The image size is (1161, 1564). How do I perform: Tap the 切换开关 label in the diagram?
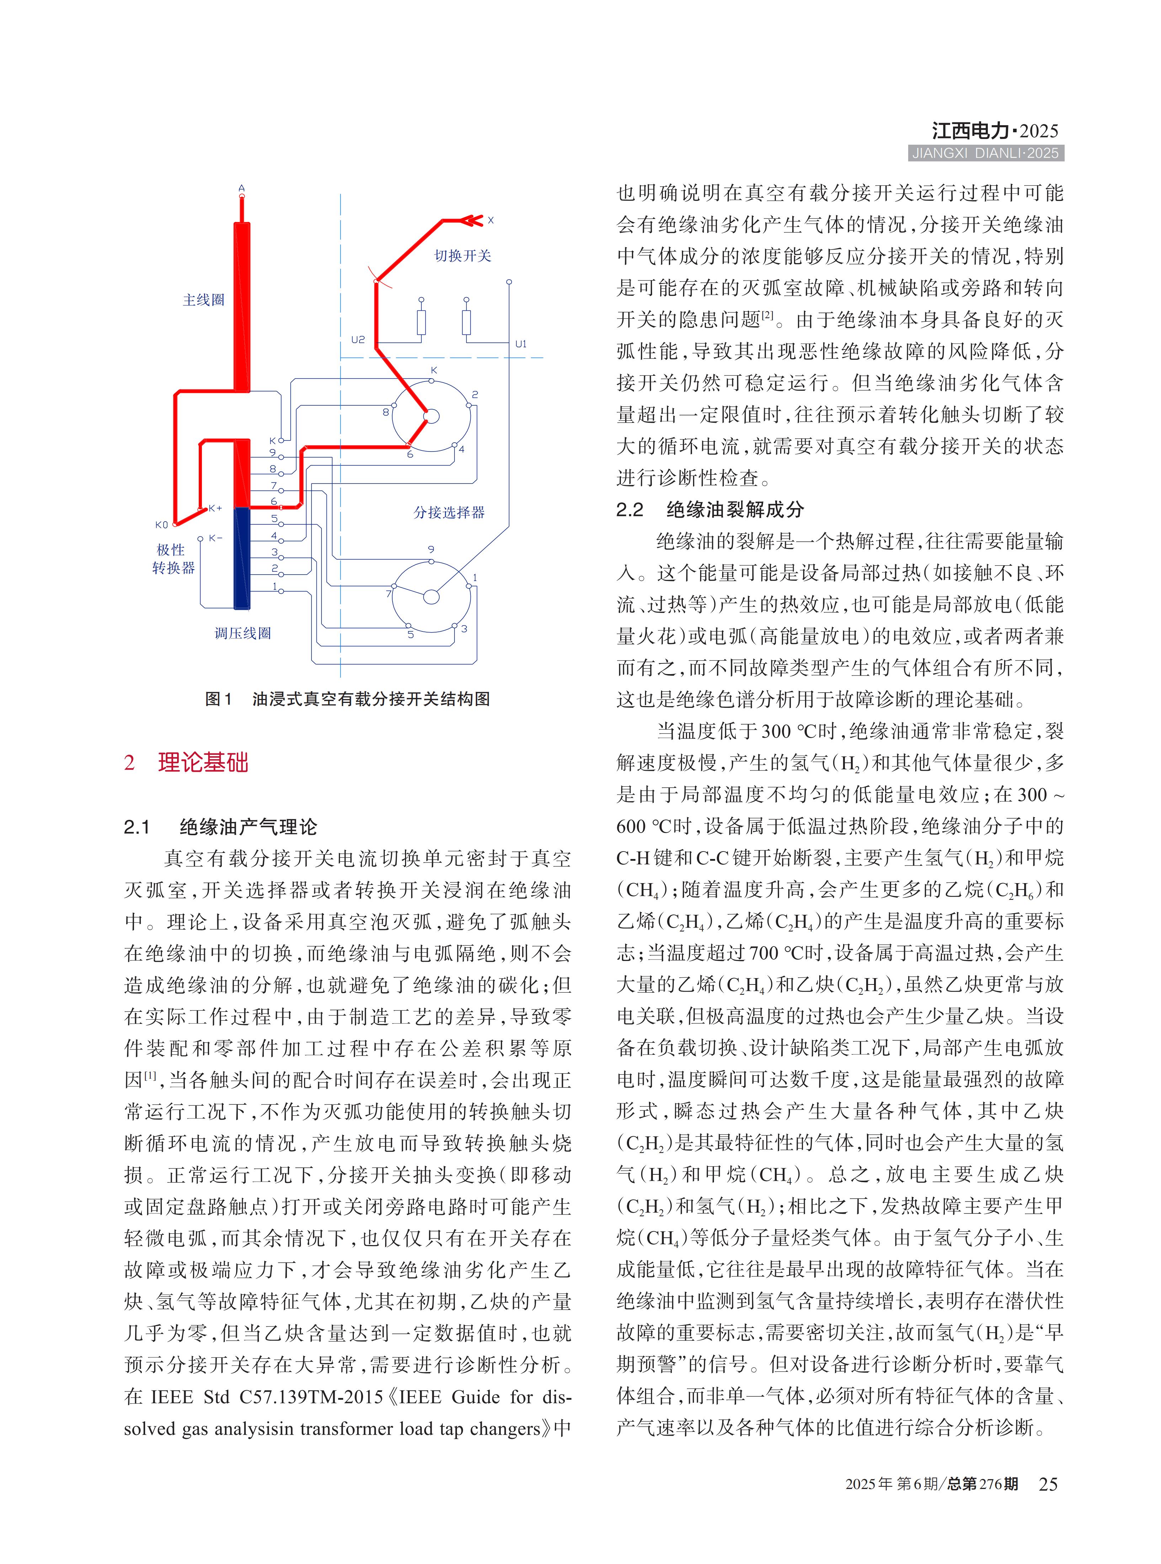462,256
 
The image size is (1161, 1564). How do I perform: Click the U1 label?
521,343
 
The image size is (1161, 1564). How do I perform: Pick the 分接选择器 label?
449,512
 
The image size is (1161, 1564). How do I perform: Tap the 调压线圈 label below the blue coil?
243,633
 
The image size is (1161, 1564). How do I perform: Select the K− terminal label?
215,538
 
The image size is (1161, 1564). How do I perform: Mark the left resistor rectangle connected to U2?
421,322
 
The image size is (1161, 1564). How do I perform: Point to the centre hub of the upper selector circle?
432,417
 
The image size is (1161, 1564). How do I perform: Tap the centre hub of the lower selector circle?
432,597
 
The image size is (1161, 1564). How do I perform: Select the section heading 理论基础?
203,762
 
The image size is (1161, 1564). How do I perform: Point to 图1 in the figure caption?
218,699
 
